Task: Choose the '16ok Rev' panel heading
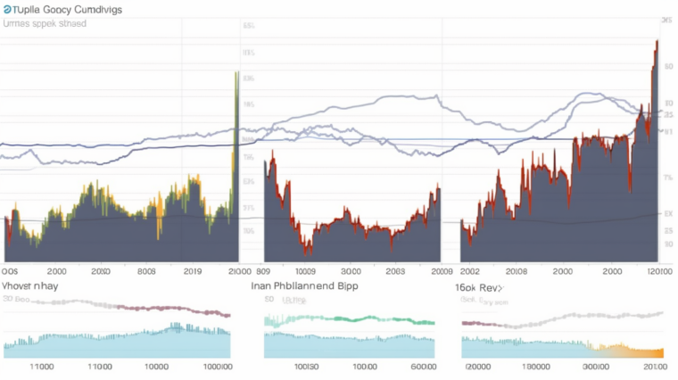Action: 479,288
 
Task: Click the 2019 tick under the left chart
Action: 192,270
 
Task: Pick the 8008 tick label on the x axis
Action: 146,270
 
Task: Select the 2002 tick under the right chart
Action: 471,270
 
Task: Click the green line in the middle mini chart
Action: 357,318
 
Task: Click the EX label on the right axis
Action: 667,214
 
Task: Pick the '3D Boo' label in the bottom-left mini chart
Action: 17,302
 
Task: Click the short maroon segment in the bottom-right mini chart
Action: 477,323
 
